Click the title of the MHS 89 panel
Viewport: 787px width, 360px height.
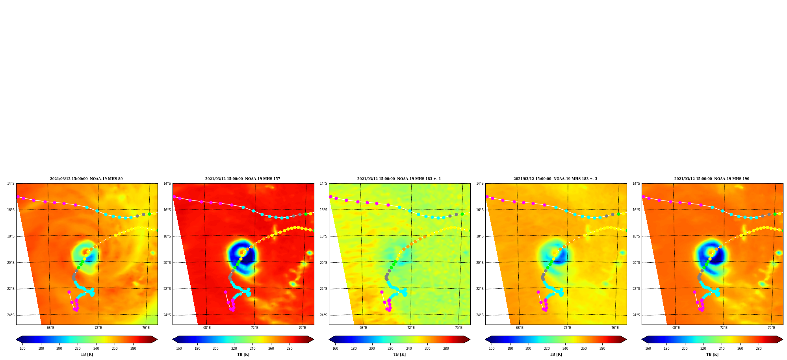coord(86,179)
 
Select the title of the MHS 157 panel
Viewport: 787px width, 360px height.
coord(243,179)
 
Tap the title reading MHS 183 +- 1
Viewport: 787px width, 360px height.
coord(399,179)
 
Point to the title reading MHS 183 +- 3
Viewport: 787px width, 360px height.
coord(555,179)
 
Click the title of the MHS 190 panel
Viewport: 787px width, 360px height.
coord(712,179)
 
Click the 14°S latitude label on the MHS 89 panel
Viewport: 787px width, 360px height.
coord(11,184)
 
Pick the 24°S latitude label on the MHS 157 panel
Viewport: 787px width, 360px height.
coord(167,315)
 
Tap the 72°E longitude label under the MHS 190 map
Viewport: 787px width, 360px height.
coord(724,328)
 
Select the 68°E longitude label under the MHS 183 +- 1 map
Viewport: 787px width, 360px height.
coord(363,328)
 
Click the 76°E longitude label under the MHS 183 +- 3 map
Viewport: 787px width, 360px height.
coord(615,328)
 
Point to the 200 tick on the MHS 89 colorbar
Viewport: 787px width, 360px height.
coord(59,349)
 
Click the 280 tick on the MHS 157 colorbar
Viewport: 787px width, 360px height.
coord(290,349)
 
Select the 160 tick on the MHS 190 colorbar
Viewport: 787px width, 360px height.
coord(648,349)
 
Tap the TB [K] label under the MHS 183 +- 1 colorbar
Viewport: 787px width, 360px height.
coord(399,354)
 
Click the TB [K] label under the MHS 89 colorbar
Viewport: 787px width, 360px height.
coord(87,354)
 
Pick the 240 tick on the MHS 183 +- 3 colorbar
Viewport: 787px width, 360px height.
coord(565,349)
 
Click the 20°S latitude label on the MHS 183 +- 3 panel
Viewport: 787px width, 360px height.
coord(480,263)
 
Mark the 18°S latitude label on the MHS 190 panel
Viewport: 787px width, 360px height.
coord(636,236)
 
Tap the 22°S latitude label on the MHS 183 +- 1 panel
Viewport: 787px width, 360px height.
coord(323,289)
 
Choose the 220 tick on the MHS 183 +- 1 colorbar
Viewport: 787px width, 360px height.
coord(390,349)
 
